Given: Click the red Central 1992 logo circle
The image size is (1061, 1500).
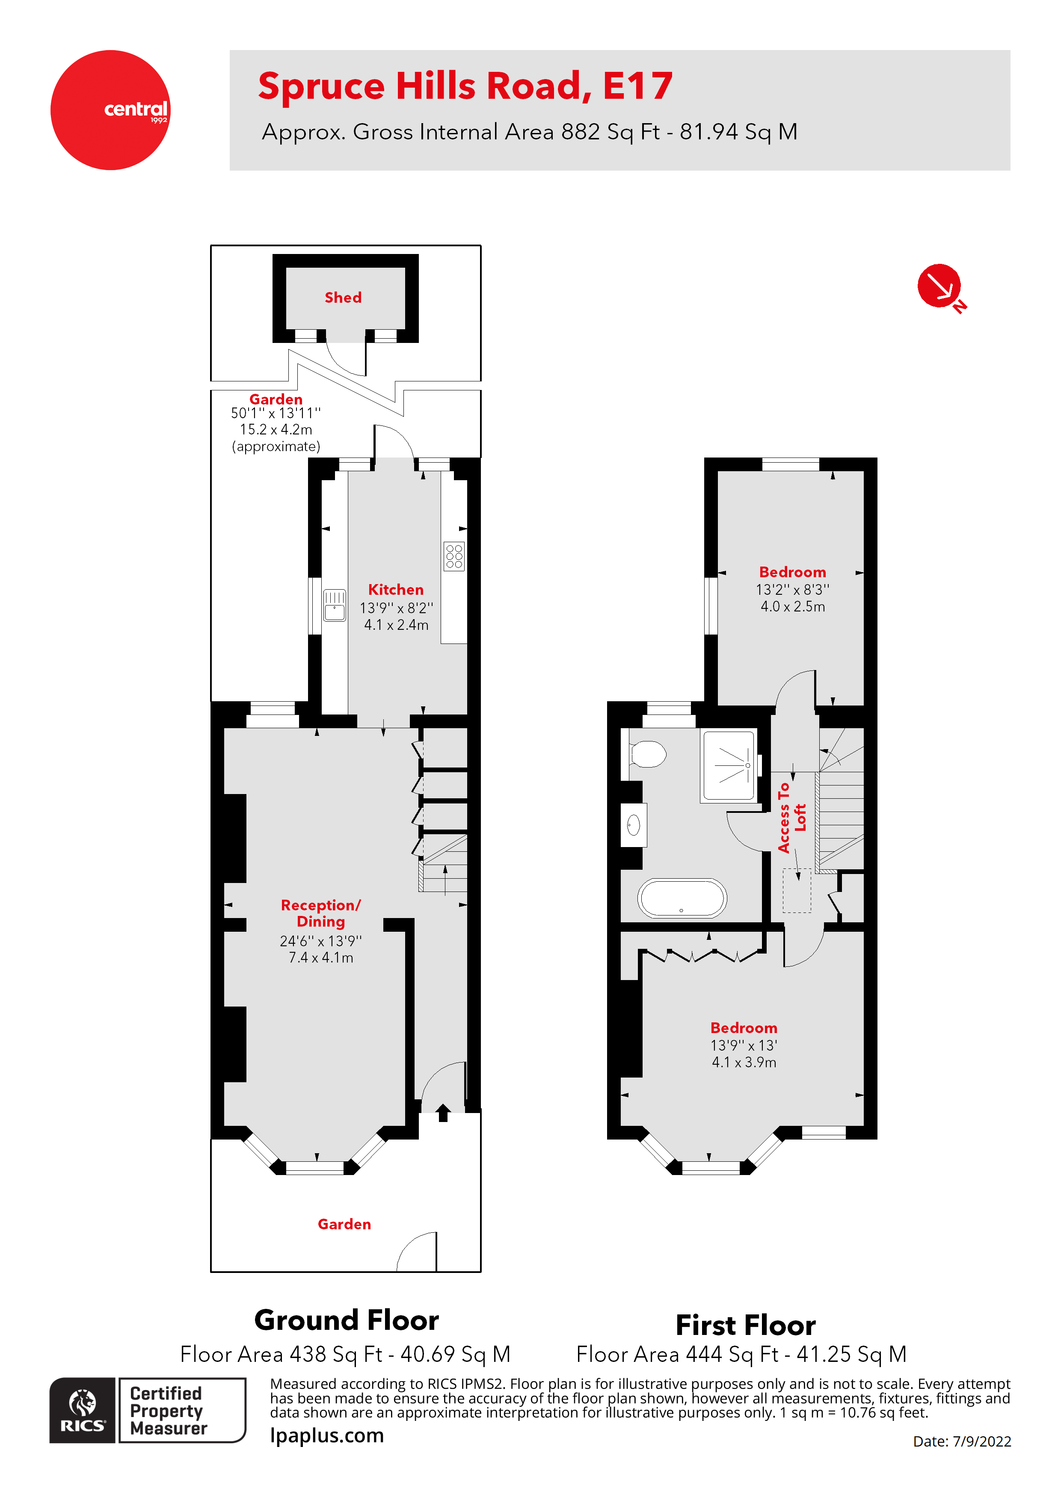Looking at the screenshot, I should pyautogui.click(x=110, y=110).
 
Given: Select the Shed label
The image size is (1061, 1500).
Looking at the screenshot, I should pyautogui.click(x=343, y=297).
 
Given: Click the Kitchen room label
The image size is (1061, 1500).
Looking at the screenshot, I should pyautogui.click(x=395, y=589).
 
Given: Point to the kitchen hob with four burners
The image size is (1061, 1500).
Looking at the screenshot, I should pyautogui.click(x=454, y=556).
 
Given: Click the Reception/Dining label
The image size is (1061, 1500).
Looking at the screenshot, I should pyautogui.click(x=320, y=912).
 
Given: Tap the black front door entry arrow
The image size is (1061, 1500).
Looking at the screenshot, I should pyautogui.click(x=443, y=1112).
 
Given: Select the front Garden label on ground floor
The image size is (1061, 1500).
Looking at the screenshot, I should pyautogui.click(x=344, y=1224).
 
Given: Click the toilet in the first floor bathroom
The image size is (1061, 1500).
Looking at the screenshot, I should pyautogui.click(x=647, y=754).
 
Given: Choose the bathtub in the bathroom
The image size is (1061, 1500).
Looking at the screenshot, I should pyautogui.click(x=682, y=898).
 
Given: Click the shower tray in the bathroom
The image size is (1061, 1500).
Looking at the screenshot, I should pyautogui.click(x=728, y=766).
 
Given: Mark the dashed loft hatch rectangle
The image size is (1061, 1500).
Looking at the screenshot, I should pyautogui.click(x=797, y=890).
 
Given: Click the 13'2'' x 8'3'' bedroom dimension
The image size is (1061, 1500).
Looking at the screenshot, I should pyautogui.click(x=792, y=589).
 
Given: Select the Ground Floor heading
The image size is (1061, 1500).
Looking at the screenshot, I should pyautogui.click(x=347, y=1320).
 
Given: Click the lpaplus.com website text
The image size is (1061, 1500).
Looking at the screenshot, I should pyautogui.click(x=327, y=1435).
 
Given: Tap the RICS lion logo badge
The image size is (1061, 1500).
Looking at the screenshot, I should pyautogui.click(x=83, y=1410).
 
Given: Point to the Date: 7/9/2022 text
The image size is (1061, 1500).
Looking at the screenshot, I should pyautogui.click(x=962, y=1441).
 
